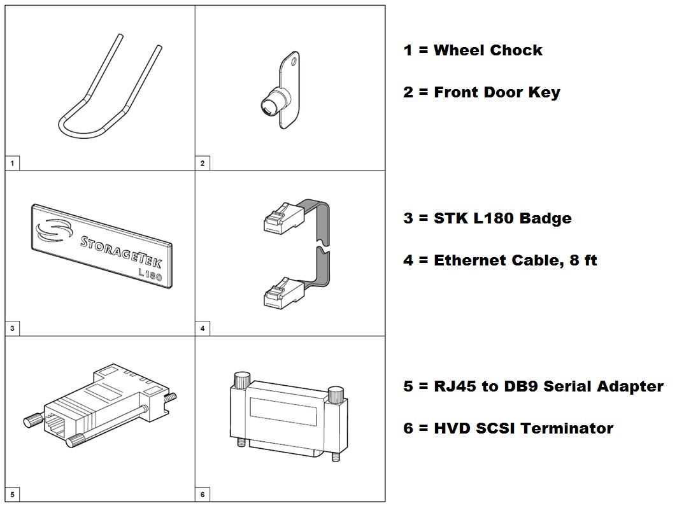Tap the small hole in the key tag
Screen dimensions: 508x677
click(x=294, y=61)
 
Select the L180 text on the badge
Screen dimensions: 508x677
click(x=150, y=275)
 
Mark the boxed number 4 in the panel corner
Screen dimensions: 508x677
click(x=203, y=328)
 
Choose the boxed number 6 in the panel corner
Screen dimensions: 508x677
click(x=203, y=495)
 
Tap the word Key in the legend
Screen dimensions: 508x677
click(x=544, y=92)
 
